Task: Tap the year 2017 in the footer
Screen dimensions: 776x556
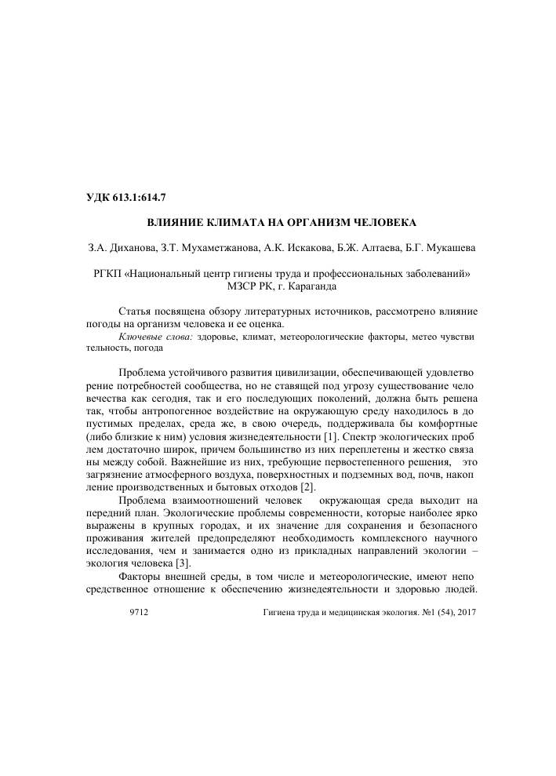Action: (465, 610)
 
